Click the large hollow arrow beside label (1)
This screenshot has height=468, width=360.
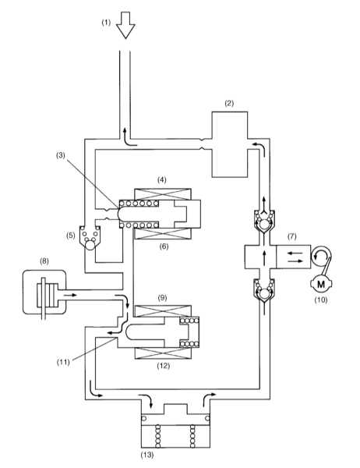(x=125, y=25)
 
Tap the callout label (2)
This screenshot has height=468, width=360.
(x=229, y=103)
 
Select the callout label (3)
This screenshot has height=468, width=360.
(x=61, y=155)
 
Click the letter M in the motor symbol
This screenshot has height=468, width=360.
(x=321, y=284)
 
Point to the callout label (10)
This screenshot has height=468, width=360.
(x=321, y=300)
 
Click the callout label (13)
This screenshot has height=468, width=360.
(x=147, y=455)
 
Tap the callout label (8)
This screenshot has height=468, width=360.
(x=44, y=261)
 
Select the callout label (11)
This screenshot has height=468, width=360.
(x=63, y=362)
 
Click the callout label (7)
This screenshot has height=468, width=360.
(x=291, y=236)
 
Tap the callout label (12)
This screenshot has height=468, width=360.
(x=164, y=366)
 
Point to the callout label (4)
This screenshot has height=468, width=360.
(x=162, y=179)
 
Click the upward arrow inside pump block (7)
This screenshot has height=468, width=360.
(x=264, y=257)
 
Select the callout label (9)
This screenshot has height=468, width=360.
(x=162, y=298)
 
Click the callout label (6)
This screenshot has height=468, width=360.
(x=164, y=246)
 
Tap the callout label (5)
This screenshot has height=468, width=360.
(x=71, y=236)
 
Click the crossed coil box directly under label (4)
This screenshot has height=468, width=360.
(x=163, y=194)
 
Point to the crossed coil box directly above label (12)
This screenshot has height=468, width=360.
(x=163, y=353)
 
